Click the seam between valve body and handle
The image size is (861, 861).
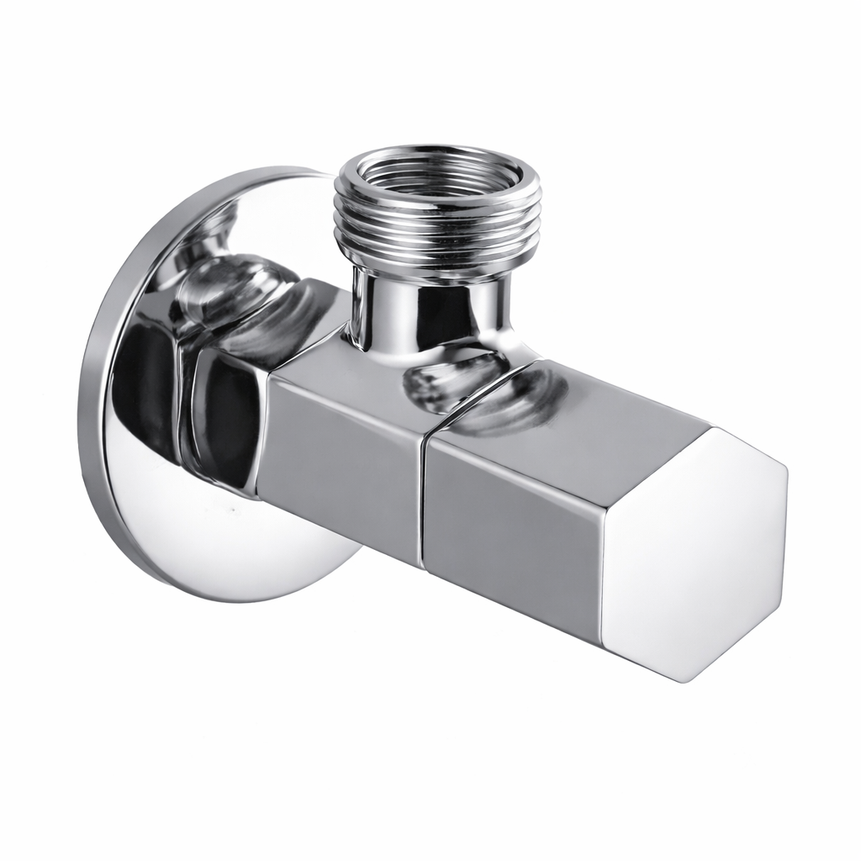(424, 496)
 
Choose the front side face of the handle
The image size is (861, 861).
(513, 530)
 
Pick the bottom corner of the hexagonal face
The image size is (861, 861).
(685, 679)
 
